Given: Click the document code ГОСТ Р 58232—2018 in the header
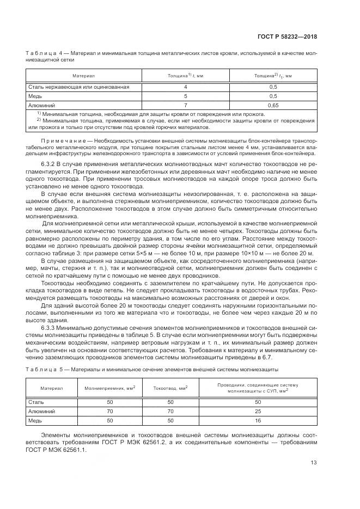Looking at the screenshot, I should pyautogui.click(x=286, y=37).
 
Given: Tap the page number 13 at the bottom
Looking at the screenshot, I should pyautogui.click(x=313, y=463).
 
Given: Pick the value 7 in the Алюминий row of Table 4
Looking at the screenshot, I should pyautogui.click(x=185, y=105).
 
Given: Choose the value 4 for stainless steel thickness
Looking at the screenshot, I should pyautogui.click(x=185, y=87).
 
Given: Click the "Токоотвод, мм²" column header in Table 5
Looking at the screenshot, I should pyautogui.click(x=170, y=388).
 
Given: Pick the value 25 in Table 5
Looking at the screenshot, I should pyautogui.click(x=258, y=412).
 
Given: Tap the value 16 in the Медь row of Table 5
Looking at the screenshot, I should pyautogui.click(x=258, y=421).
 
